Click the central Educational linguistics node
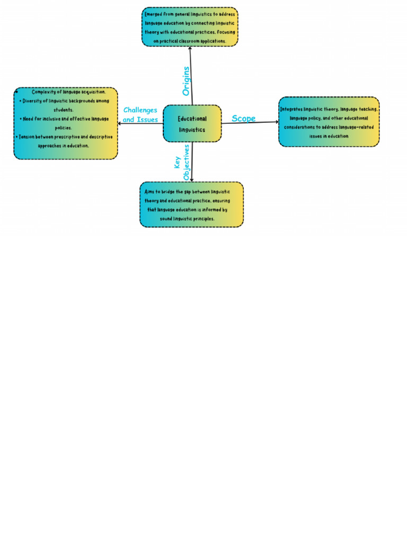tap(192, 123)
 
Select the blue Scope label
tap(243, 119)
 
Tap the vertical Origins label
tap(185, 81)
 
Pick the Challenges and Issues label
tap(140, 115)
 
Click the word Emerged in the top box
tap(154, 14)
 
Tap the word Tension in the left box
tap(29, 136)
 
